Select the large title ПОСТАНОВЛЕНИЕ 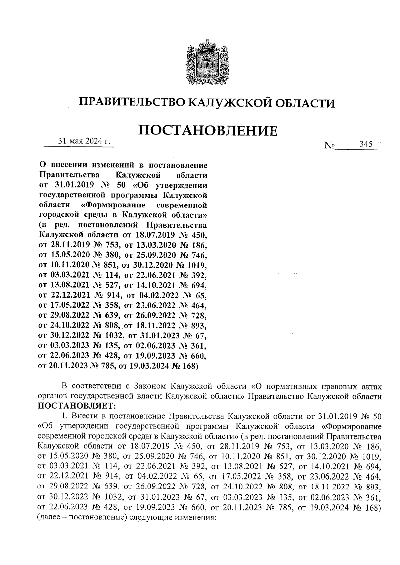click(x=208, y=131)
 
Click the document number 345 click(x=366, y=144)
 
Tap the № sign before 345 click(x=329, y=146)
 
